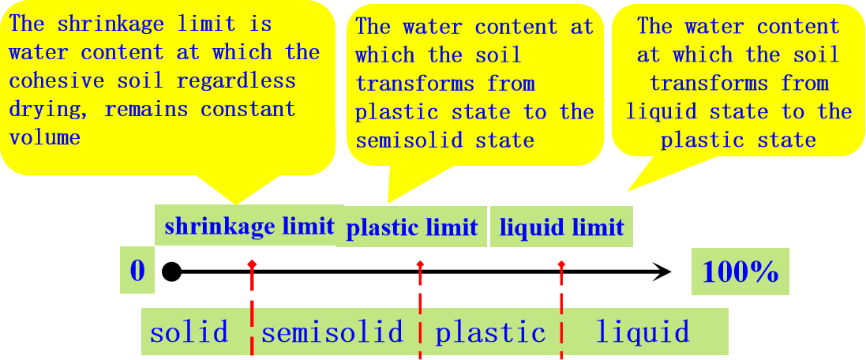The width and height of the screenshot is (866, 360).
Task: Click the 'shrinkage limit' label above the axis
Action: (249, 227)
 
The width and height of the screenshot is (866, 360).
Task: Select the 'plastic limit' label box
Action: (412, 228)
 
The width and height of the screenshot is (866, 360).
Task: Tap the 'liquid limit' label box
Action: (561, 228)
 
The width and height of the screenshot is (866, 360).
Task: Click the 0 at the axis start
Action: (137, 272)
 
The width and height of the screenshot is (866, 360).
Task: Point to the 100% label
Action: (740, 272)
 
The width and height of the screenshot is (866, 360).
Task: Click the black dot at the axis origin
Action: (171, 272)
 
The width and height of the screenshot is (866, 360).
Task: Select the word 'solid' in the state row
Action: (189, 332)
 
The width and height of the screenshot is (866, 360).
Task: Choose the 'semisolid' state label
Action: (332, 332)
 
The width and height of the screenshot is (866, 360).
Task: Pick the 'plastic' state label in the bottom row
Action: (490, 332)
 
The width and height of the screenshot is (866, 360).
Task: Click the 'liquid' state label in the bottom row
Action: (642, 332)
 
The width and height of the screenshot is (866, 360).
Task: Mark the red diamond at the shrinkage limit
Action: (251, 263)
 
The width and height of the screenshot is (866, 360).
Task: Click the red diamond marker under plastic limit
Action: (420, 263)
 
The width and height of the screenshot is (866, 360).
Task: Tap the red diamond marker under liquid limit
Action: (561, 263)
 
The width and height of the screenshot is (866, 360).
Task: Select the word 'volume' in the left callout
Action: (44, 137)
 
